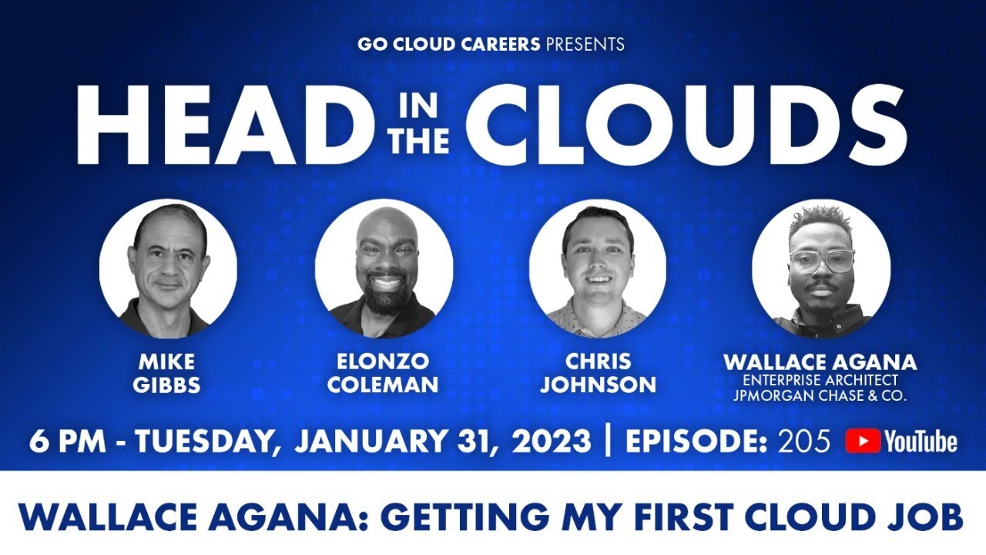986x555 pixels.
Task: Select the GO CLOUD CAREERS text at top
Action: click(448, 44)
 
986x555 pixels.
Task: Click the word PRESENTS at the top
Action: click(585, 44)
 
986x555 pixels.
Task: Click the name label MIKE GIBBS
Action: click(168, 373)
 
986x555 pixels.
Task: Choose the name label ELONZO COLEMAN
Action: click(384, 373)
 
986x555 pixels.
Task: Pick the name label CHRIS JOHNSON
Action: click(598, 373)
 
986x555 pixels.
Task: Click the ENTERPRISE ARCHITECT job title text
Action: click(820, 380)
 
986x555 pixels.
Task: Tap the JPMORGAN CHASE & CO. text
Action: click(820, 395)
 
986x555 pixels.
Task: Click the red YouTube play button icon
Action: click(863, 441)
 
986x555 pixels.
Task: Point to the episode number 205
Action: click(804, 441)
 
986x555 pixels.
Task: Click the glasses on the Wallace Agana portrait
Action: click(822, 260)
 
